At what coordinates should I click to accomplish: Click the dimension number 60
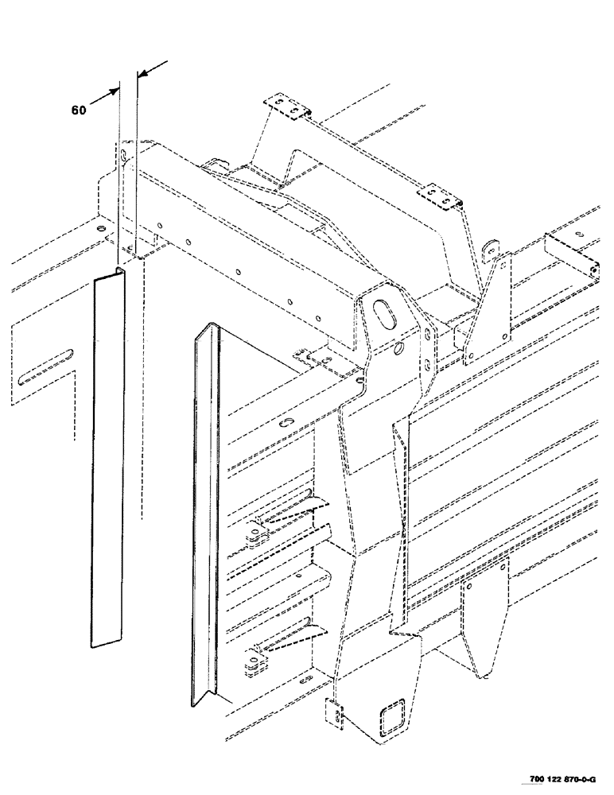click(x=78, y=111)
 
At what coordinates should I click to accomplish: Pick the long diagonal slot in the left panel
click(x=48, y=365)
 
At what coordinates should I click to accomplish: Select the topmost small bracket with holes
click(x=286, y=109)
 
